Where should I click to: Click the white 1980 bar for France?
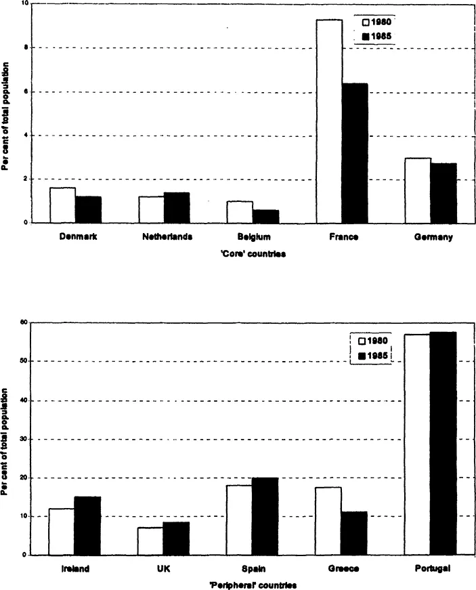pos(329,122)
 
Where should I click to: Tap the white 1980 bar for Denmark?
pos(62,205)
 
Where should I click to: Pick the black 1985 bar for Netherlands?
pos(177,208)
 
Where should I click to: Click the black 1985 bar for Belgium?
pos(265,216)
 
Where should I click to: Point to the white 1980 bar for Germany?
pos(418,190)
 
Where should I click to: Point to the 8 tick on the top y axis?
pos(25,48)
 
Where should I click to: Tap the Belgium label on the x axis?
pos(254,238)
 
